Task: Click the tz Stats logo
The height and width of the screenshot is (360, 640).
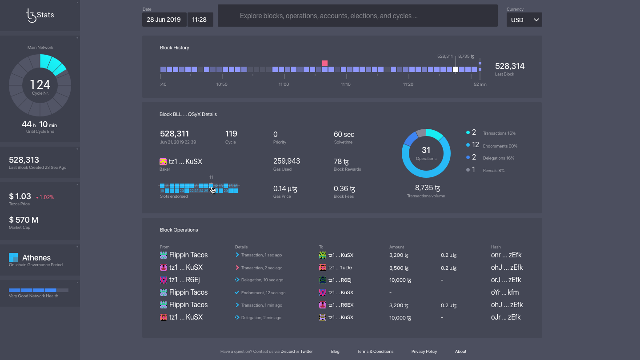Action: click(40, 15)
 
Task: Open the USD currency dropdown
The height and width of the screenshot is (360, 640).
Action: click(524, 20)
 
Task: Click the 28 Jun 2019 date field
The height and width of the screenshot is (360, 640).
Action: click(164, 20)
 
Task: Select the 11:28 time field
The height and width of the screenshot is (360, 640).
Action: click(200, 20)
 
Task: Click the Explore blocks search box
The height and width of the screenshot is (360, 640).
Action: click(357, 16)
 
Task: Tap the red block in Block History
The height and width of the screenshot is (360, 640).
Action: click(325, 63)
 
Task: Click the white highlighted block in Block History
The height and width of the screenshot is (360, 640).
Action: click(456, 69)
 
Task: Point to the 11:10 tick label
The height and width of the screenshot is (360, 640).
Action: click(346, 84)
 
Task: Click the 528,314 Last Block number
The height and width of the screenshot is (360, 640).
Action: click(510, 66)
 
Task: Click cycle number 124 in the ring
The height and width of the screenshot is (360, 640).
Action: click(40, 85)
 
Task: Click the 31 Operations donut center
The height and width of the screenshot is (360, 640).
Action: click(426, 152)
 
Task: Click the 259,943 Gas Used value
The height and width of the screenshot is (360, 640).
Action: click(286, 161)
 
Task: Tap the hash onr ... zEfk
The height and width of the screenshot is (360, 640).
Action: click(507, 255)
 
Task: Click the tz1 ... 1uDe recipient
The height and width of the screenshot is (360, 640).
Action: click(340, 268)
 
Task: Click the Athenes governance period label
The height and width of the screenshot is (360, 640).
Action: click(36, 258)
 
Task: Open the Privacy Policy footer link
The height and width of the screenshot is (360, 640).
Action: click(424, 352)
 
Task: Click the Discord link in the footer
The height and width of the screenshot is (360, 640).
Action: click(288, 352)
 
